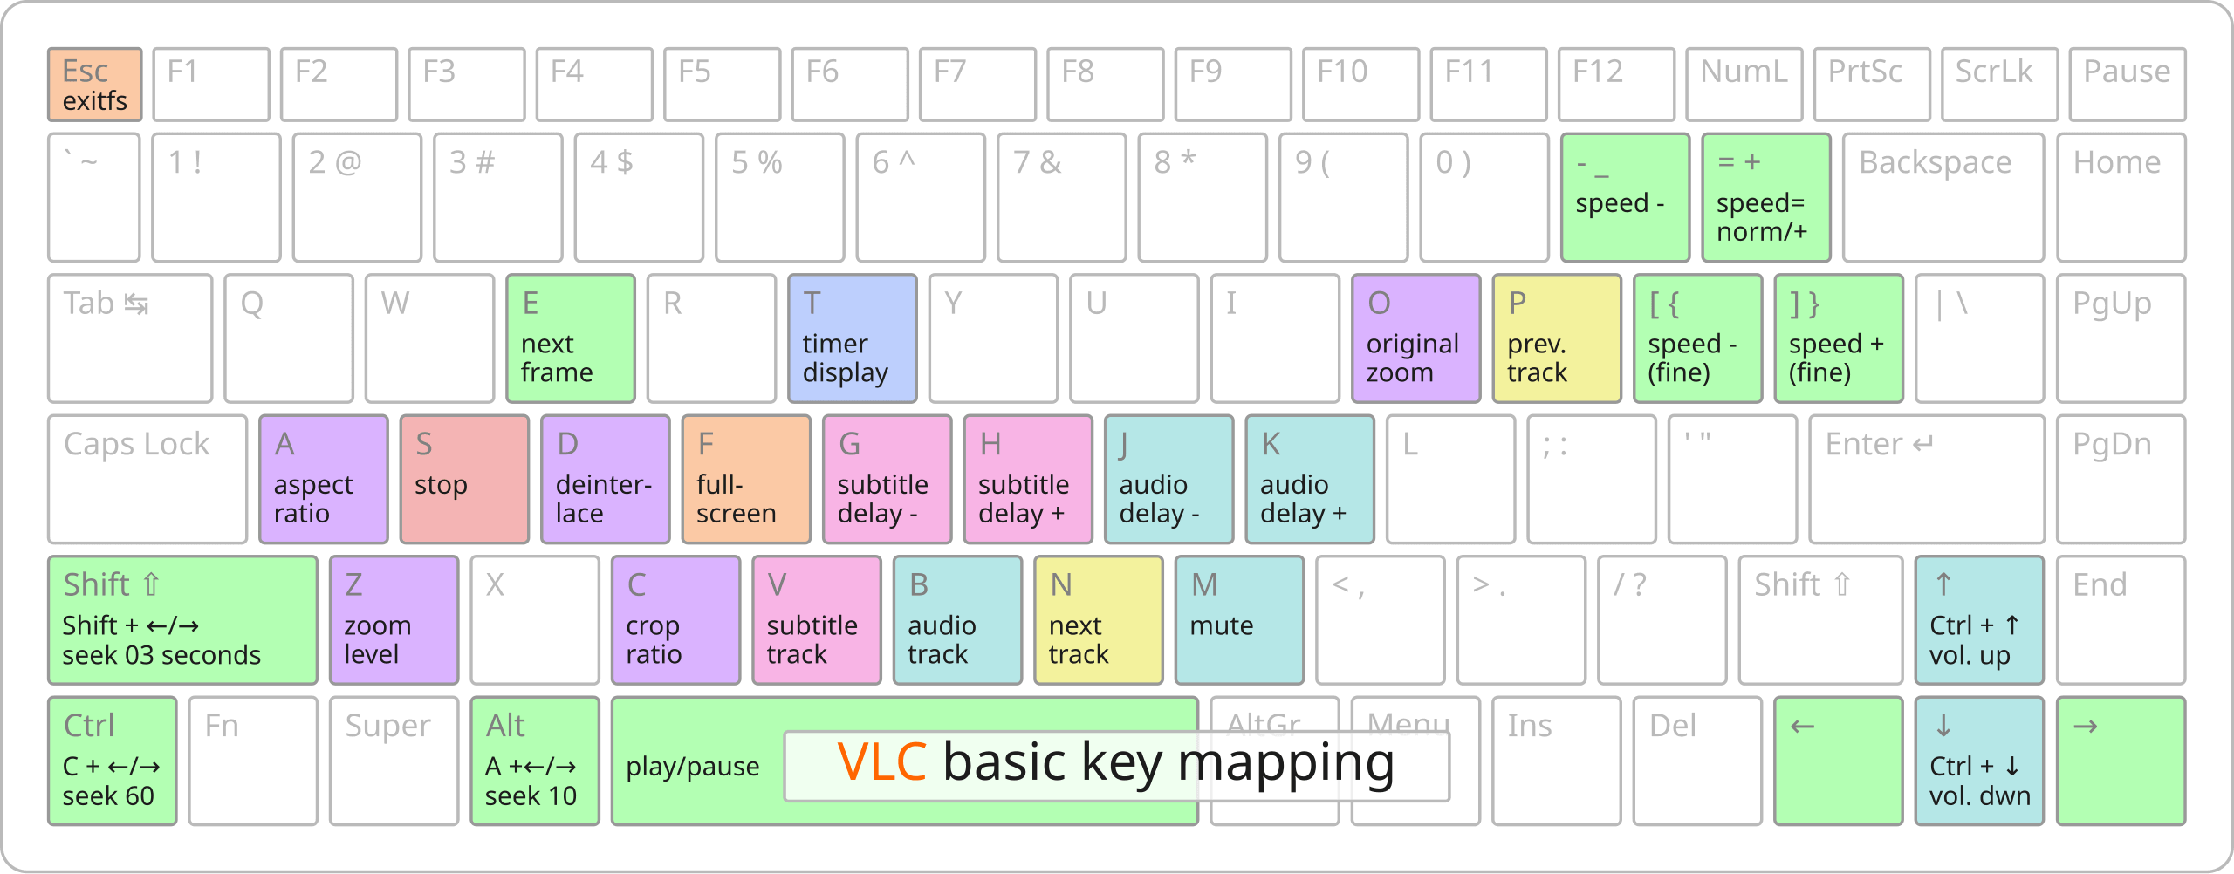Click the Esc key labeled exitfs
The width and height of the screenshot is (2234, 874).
[94, 85]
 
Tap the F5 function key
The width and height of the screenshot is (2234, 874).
[722, 85]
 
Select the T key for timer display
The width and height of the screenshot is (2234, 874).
[852, 338]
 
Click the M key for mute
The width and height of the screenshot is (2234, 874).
[1239, 620]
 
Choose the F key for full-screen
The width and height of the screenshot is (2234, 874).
[746, 480]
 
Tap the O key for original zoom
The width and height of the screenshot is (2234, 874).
[1415, 338]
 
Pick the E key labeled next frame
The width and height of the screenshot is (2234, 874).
[571, 338]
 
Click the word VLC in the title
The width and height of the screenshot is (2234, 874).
[881, 762]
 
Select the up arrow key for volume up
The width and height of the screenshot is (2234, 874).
[1979, 620]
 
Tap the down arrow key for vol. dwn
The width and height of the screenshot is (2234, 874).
[1979, 761]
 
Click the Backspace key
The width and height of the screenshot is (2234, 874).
[1943, 197]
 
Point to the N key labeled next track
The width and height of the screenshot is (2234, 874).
[1099, 620]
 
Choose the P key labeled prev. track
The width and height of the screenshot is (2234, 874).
[1557, 338]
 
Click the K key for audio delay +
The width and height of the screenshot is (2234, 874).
[1310, 480]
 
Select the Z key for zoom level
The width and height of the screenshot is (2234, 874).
[394, 620]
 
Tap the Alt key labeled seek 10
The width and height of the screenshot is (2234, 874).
[535, 761]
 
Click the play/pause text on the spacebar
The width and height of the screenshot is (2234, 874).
[693, 767]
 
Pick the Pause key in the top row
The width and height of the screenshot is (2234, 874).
[2127, 85]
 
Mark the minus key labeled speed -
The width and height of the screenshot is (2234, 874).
[1625, 197]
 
